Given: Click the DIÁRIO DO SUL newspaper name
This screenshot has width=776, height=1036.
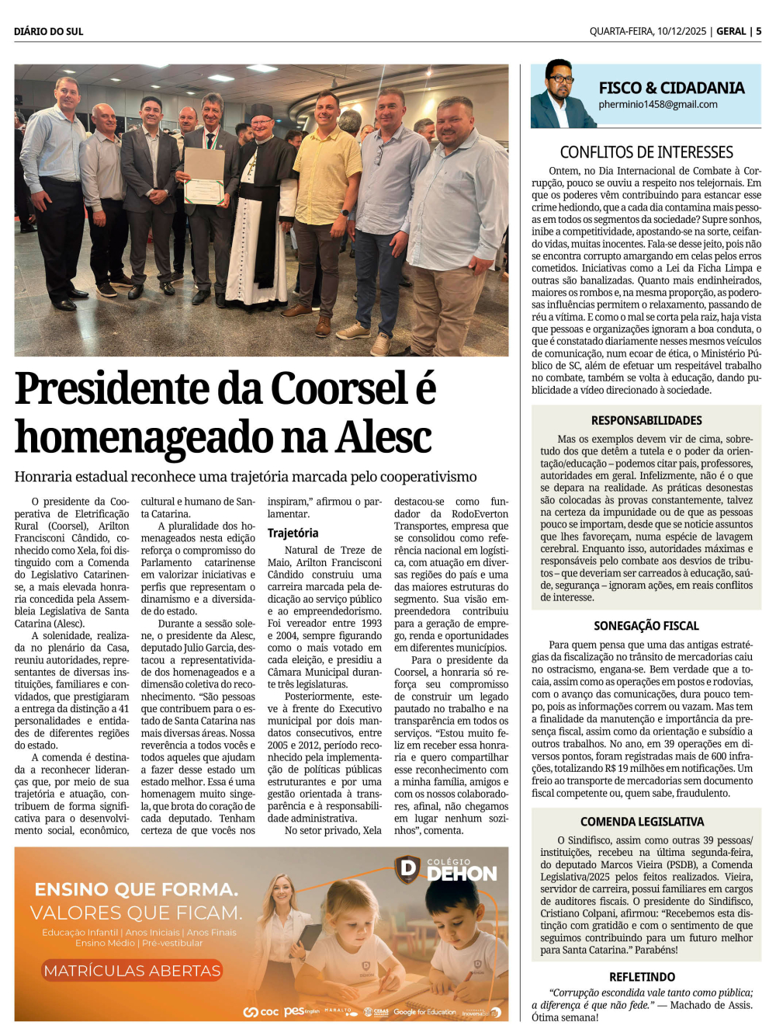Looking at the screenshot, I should click(48, 32).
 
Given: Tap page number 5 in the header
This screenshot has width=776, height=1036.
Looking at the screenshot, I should click(758, 32).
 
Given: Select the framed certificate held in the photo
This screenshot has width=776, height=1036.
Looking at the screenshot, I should click(203, 175).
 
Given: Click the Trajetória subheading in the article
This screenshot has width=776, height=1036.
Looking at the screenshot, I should click(293, 533).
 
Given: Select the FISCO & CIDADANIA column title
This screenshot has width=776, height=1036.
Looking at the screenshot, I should click(671, 88).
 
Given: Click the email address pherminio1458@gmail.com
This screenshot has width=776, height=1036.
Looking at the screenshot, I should click(658, 105).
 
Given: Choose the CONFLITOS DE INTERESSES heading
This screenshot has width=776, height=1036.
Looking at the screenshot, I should click(646, 152).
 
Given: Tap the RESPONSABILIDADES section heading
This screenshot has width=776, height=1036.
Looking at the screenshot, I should click(646, 420).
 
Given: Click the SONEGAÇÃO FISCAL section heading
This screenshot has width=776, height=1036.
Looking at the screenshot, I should click(646, 626).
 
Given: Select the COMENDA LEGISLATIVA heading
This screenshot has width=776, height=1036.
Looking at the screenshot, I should click(642, 822).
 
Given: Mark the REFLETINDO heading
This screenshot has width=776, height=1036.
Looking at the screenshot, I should click(642, 977).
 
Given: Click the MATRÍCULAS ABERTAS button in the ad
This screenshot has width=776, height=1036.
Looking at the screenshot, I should click(133, 971).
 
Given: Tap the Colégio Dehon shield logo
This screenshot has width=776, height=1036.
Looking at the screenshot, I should click(407, 869).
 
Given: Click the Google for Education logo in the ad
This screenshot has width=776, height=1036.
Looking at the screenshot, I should click(424, 1012).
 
